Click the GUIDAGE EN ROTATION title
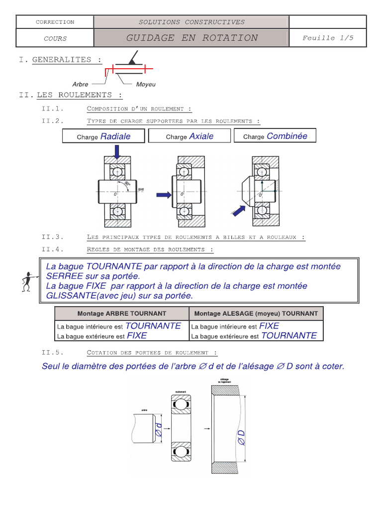click(191, 38)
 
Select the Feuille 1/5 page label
click(328, 38)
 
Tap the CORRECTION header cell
click(55, 22)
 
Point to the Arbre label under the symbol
click(80, 85)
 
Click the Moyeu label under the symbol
click(146, 85)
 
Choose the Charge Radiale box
click(103, 136)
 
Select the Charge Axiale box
click(190, 136)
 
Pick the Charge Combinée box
click(275, 136)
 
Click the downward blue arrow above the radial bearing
click(116, 151)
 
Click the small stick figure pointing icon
click(27, 281)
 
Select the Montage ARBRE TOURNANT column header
click(122, 313)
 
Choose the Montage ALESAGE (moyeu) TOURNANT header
click(256, 313)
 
